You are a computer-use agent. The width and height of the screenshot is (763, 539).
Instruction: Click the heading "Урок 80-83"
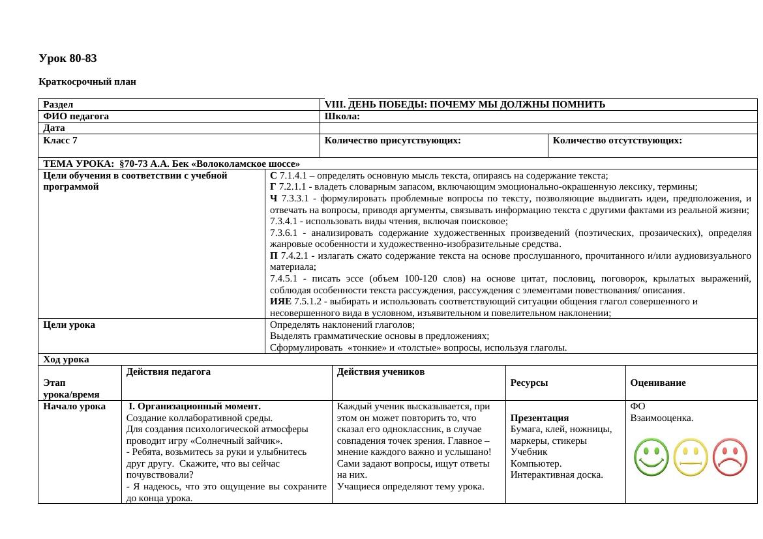click(x=68, y=59)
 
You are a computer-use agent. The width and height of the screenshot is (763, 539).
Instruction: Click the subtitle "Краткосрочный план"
click(x=87, y=82)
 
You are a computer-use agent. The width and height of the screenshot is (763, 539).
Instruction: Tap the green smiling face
click(x=651, y=457)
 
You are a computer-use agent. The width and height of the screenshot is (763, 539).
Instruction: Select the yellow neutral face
click(x=691, y=457)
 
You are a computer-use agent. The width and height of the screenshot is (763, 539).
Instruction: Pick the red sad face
click(x=730, y=457)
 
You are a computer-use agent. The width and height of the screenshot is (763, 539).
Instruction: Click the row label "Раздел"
click(x=58, y=104)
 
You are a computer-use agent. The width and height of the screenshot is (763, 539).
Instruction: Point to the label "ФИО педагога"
click(x=76, y=116)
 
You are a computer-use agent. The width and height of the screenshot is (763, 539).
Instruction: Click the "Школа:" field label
click(x=342, y=116)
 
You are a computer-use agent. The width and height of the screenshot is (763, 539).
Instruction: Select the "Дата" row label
click(x=54, y=128)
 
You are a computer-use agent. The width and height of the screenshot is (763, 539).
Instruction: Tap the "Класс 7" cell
click(x=60, y=140)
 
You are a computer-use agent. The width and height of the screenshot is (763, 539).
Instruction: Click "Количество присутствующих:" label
click(x=393, y=140)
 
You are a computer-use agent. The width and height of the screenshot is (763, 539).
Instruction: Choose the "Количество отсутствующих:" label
click(x=617, y=140)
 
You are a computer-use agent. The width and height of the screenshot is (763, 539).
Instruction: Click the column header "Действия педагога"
click(x=168, y=371)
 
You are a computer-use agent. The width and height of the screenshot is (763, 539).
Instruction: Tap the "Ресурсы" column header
click(x=529, y=383)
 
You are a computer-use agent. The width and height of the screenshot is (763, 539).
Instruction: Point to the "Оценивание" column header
click(x=657, y=383)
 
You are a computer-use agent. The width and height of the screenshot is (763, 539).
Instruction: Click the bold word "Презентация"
click(x=539, y=418)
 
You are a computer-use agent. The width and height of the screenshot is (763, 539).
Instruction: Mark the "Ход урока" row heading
click(x=66, y=359)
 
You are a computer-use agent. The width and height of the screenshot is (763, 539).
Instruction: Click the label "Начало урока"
click(x=74, y=406)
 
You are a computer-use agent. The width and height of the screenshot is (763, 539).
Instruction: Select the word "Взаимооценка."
click(x=661, y=418)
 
